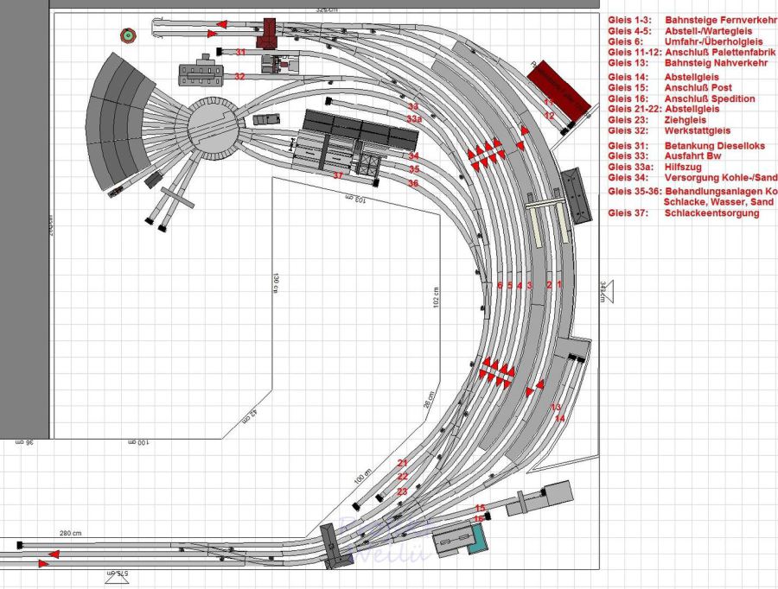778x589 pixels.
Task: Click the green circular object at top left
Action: tap(128, 35)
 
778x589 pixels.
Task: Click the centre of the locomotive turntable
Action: tap(213, 129)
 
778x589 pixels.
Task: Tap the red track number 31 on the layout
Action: tap(240, 53)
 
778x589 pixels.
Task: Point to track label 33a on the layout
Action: tap(414, 118)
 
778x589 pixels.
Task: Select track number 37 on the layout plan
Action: tap(338, 175)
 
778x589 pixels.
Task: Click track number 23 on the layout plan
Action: tap(402, 491)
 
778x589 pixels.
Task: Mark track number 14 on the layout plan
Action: tap(559, 418)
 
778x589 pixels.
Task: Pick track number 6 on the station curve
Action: tap(500, 285)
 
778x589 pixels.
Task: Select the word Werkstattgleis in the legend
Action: tap(698, 132)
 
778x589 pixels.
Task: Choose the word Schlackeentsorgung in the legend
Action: tap(711, 213)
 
